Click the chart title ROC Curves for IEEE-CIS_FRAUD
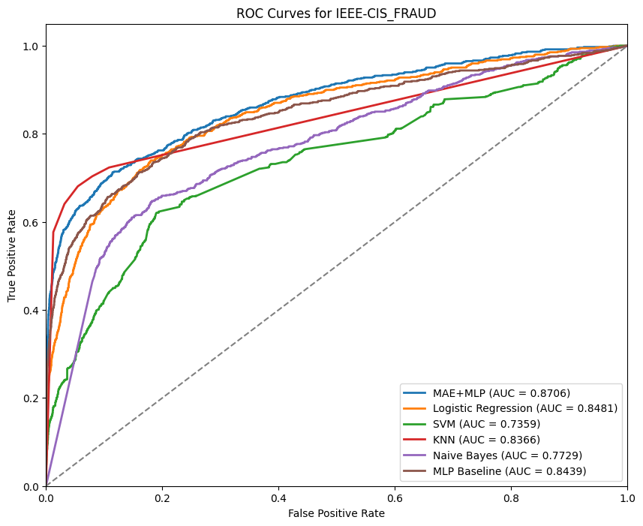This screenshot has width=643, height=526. point(337,14)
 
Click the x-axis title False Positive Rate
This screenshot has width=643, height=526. point(337,513)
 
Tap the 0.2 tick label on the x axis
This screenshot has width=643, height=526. point(163,497)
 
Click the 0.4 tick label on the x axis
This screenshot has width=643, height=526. point(279,497)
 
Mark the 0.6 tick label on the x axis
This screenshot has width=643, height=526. point(395,497)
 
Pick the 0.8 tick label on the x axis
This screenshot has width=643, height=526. point(512,497)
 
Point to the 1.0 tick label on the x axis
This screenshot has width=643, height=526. point(627,497)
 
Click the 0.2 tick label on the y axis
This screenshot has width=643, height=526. point(31,398)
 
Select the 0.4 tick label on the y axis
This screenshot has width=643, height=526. point(31,310)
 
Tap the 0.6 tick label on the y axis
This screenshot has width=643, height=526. point(31,222)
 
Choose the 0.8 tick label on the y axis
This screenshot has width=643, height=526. point(31,134)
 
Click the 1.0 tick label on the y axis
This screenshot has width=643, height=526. point(31,47)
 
